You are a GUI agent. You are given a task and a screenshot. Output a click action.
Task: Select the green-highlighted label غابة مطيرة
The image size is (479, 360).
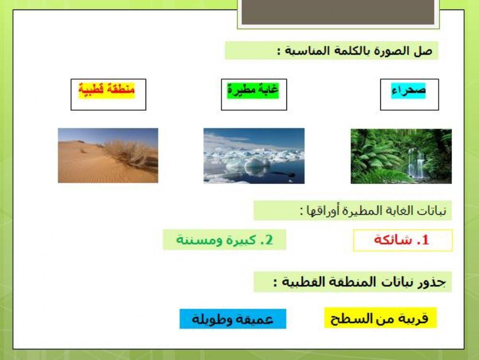[253, 90]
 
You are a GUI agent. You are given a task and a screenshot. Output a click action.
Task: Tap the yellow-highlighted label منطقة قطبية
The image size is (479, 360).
[107, 89]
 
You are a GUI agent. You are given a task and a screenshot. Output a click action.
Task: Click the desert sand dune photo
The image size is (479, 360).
[108, 155]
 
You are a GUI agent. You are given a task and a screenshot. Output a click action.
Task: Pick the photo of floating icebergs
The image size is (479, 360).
[254, 155]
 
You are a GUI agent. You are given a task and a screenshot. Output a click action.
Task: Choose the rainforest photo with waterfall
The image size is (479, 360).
[401, 156]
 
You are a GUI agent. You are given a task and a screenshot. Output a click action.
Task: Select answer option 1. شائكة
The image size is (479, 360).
[402, 241]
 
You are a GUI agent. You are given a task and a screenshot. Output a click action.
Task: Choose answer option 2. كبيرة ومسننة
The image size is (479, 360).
[224, 240]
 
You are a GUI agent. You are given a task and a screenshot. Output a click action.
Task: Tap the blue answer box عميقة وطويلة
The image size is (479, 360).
[233, 319]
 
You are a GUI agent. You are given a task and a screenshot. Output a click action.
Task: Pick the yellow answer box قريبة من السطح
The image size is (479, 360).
[380, 318]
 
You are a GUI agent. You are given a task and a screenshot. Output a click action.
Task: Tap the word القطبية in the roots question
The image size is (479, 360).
[307, 282]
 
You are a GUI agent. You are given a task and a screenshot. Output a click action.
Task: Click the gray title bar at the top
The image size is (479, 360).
[338, 12]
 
